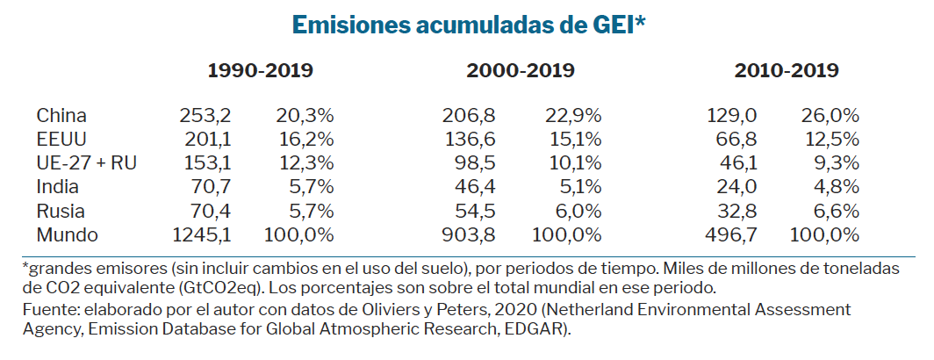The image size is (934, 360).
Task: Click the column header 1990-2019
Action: point(260,71)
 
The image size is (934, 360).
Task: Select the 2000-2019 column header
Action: point(521,71)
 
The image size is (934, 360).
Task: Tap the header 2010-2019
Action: point(787,71)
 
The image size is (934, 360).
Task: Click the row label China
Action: point(61,115)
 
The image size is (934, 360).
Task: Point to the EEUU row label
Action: point(61,139)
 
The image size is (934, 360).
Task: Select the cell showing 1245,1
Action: point(201,234)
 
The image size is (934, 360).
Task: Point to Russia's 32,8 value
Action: point(738,211)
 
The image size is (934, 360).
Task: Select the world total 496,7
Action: point(732,234)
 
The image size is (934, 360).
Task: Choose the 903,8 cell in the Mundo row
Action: point(467,234)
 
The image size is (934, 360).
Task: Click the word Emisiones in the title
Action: point(344,25)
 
